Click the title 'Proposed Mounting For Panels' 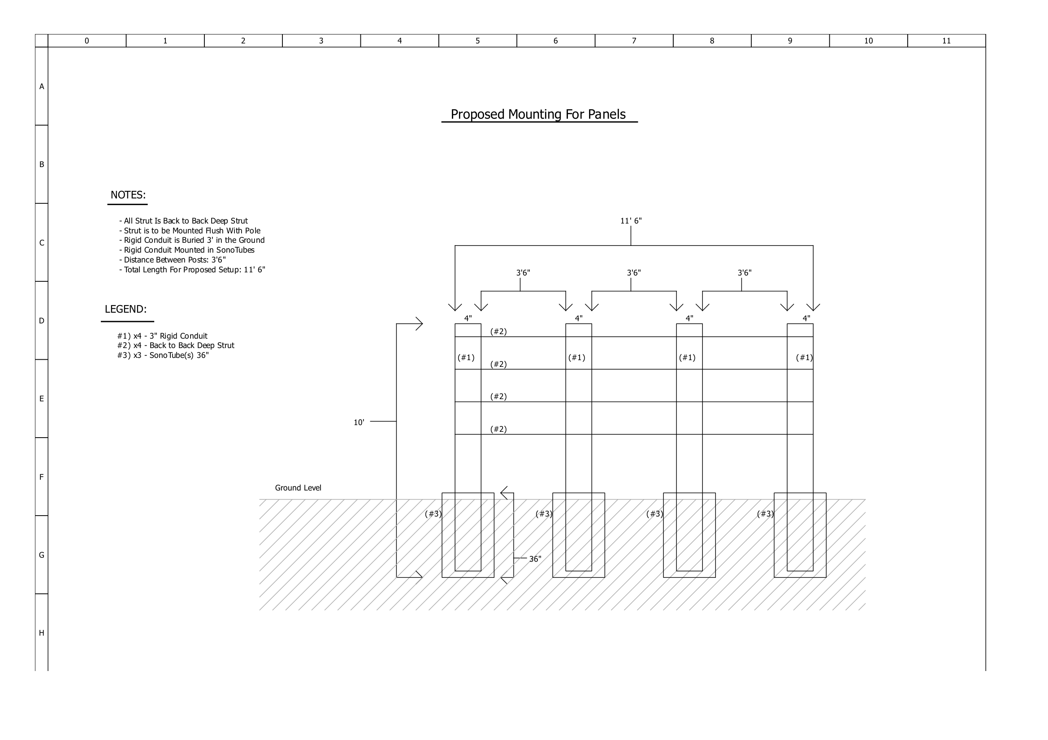point(538,114)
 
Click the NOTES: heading point(128,195)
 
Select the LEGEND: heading point(126,310)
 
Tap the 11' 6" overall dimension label point(631,221)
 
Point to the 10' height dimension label point(359,422)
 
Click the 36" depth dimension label point(535,559)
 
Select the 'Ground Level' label point(298,488)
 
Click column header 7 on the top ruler point(633,41)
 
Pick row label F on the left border point(42,477)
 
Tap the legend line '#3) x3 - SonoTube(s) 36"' point(163,355)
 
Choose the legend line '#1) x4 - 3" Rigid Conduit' point(163,336)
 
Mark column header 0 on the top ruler point(87,41)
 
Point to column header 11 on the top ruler point(946,41)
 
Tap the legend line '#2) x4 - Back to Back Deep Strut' point(176,346)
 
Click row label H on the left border point(42,633)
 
